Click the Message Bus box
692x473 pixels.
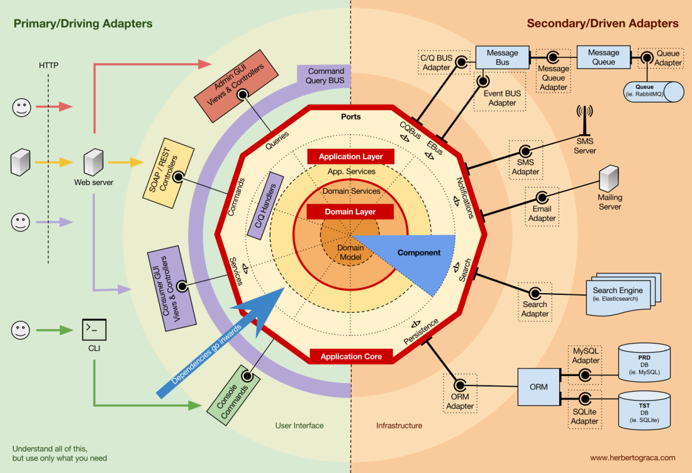pos(502,57)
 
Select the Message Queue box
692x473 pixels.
pos(603,57)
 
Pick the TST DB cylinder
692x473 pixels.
pos(644,410)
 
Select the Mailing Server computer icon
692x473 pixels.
pos(609,178)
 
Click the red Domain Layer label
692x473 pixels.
pos(350,212)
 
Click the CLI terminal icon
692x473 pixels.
pos(94,329)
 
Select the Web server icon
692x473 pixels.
pos(93,162)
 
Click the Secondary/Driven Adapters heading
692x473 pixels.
pos(602,24)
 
